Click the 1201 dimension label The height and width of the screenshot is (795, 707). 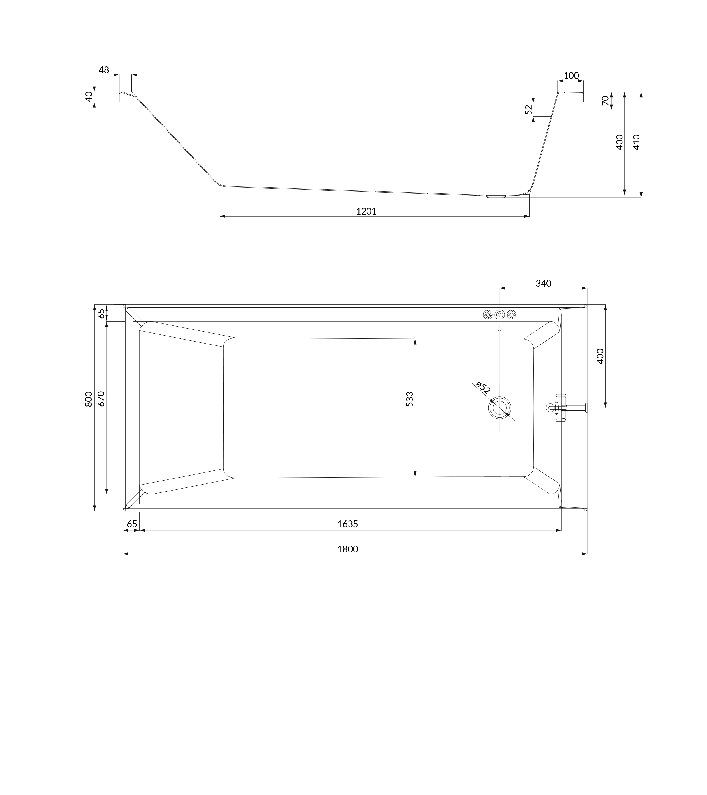coord(366,211)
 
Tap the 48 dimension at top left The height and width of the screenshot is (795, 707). coord(104,70)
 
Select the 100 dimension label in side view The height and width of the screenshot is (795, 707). coord(571,75)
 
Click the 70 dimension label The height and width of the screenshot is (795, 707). coord(605,100)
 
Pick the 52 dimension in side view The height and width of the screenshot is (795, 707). coord(529,110)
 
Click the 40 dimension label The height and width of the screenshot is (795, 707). coord(89,96)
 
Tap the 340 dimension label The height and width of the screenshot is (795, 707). coord(543,284)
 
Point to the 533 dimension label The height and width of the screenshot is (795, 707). coord(410,399)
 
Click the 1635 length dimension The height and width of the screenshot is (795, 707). coord(347,524)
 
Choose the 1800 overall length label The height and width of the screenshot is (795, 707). coord(347,549)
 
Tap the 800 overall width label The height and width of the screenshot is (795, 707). coord(89,399)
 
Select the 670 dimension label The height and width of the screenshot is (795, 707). coord(101,399)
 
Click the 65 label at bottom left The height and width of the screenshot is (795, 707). coord(132,524)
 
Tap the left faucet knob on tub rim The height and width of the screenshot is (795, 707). coord(487,314)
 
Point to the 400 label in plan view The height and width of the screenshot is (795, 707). coord(600,356)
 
